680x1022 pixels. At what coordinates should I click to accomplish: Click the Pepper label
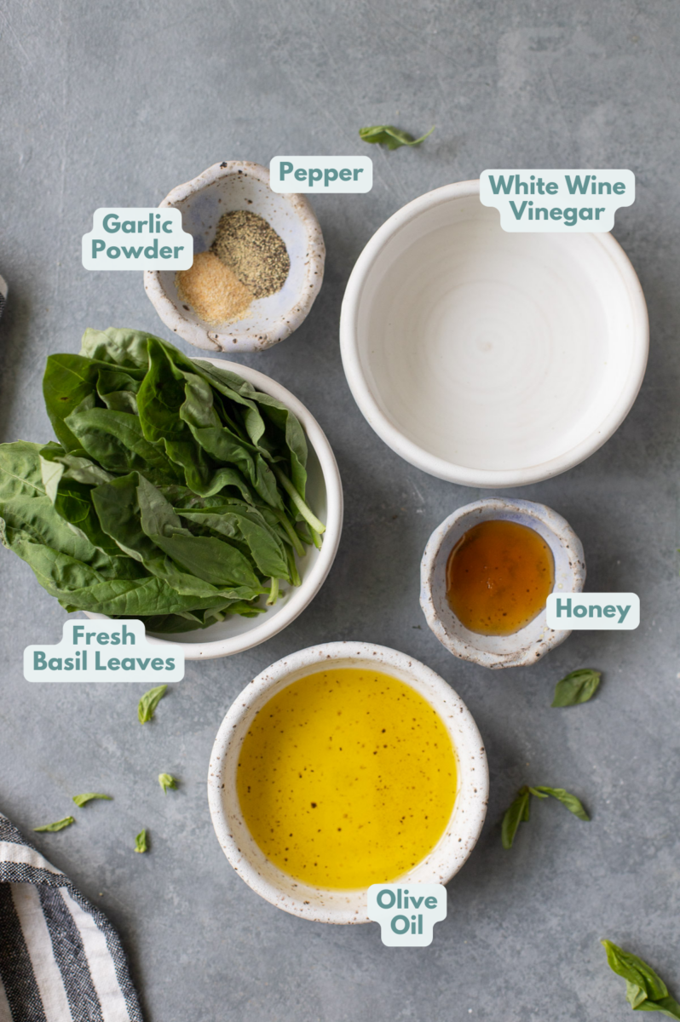(x=320, y=174)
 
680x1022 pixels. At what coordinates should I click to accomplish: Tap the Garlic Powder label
(x=137, y=238)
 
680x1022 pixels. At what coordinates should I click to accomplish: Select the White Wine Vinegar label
(x=557, y=199)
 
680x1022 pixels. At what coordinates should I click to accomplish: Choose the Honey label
(x=592, y=611)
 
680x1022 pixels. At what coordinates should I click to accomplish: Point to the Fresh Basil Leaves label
(x=103, y=650)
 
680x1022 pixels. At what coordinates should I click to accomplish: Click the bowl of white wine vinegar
(x=493, y=332)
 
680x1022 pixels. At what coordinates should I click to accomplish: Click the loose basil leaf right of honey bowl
(x=577, y=686)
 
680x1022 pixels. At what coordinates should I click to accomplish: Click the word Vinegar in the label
(x=557, y=213)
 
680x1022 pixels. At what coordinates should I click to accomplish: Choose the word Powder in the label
(x=137, y=250)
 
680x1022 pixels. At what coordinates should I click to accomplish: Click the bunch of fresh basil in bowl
(x=162, y=477)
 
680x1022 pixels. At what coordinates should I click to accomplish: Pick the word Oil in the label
(x=406, y=926)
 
